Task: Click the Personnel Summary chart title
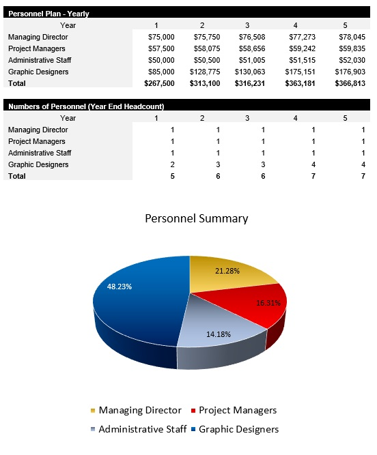(x=197, y=218)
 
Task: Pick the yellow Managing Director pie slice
(x=225, y=276)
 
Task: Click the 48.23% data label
(x=120, y=287)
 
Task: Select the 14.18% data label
(x=219, y=334)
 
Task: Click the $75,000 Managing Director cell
(x=161, y=37)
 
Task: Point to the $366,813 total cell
(x=350, y=83)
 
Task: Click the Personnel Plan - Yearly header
(x=48, y=13)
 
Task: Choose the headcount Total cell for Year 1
(x=173, y=176)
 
